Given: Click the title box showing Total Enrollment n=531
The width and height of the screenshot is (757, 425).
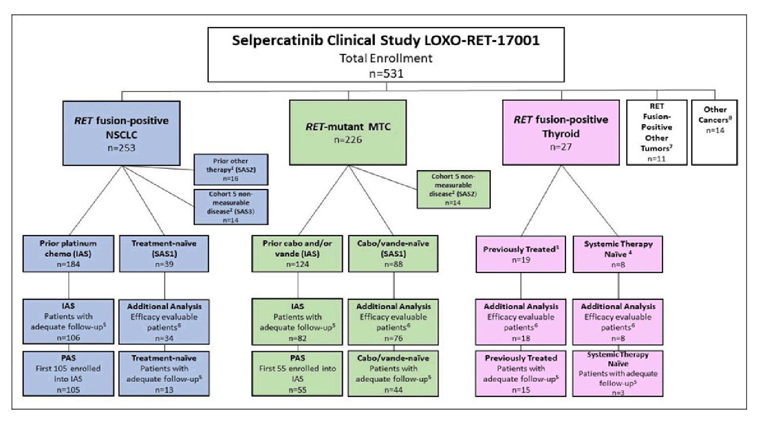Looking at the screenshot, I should pyautogui.click(x=386, y=54).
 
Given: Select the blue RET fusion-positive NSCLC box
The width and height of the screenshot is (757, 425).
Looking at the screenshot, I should pyautogui.click(x=121, y=133).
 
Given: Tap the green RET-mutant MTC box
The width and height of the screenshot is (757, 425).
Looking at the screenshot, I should pyautogui.click(x=348, y=132).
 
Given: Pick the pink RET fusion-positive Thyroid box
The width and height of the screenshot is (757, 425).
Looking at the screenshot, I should pyautogui.click(x=561, y=132).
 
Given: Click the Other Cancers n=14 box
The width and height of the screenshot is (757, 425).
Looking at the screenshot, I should pyautogui.click(x=714, y=132).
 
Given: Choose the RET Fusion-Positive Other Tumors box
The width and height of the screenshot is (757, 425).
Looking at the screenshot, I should pyautogui.click(x=657, y=132).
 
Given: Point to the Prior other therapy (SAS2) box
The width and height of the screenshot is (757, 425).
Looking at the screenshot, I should pyautogui.click(x=231, y=169).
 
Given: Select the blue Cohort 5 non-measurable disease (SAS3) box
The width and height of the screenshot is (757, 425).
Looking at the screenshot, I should pyautogui.click(x=231, y=207).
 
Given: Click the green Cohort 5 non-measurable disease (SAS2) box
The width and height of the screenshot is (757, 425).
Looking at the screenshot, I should pyautogui.click(x=453, y=189).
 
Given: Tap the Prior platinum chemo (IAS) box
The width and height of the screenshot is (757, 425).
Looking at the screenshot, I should pyautogui.click(x=68, y=253).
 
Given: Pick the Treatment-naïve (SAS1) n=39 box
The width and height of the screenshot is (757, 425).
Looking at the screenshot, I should pyautogui.click(x=164, y=253).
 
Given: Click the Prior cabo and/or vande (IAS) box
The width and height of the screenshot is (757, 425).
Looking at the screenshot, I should pyautogui.click(x=297, y=253).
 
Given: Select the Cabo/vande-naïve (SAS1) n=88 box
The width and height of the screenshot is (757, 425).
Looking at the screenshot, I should pyautogui.click(x=393, y=253).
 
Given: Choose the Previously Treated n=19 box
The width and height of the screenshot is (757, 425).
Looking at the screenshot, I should pyautogui.click(x=520, y=254).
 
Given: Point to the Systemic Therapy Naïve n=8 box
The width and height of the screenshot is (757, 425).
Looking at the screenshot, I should pyautogui.click(x=617, y=254).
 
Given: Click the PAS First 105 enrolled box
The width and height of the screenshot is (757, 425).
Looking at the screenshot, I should pyautogui.click(x=68, y=374).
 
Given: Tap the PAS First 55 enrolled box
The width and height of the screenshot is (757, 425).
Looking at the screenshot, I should pyautogui.click(x=297, y=374).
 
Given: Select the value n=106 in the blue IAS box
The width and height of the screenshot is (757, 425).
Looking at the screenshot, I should pyautogui.click(x=68, y=338).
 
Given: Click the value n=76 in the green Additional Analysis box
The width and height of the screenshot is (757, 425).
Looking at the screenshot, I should pyautogui.click(x=393, y=338).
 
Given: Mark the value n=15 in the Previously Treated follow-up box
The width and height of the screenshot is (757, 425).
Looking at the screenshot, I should pyautogui.click(x=520, y=390).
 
